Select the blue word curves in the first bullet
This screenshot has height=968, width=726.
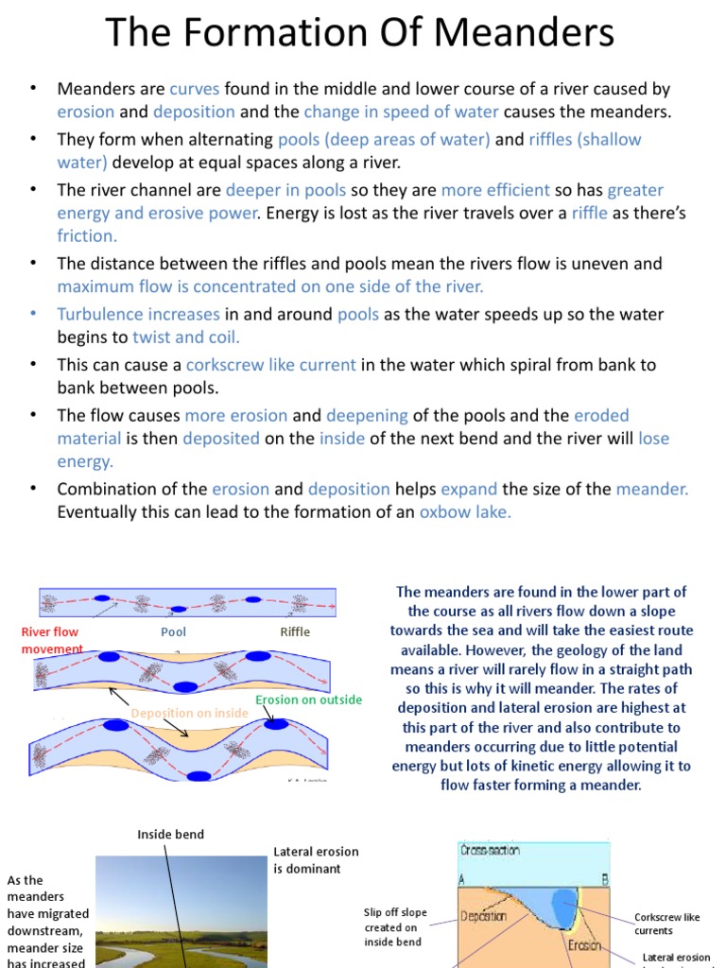click(x=194, y=89)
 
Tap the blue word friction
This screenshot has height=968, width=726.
click(x=87, y=235)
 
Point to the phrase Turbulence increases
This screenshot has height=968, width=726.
click(x=138, y=314)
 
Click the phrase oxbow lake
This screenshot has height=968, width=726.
click(x=465, y=512)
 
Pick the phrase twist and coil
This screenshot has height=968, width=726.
click(x=186, y=337)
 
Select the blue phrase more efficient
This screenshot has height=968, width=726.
click(x=495, y=190)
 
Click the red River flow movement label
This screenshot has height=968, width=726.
click(x=51, y=640)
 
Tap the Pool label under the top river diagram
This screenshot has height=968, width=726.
click(x=173, y=631)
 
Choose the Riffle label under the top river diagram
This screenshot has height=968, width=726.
click(x=295, y=631)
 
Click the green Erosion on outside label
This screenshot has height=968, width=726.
click(x=309, y=700)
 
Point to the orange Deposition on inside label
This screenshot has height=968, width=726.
click(x=189, y=713)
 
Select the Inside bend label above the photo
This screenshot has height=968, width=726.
click(x=170, y=835)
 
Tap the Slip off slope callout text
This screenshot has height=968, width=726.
click(x=395, y=926)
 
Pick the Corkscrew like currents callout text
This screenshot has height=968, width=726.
click(x=667, y=924)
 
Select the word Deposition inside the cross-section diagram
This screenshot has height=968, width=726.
click(x=484, y=915)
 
